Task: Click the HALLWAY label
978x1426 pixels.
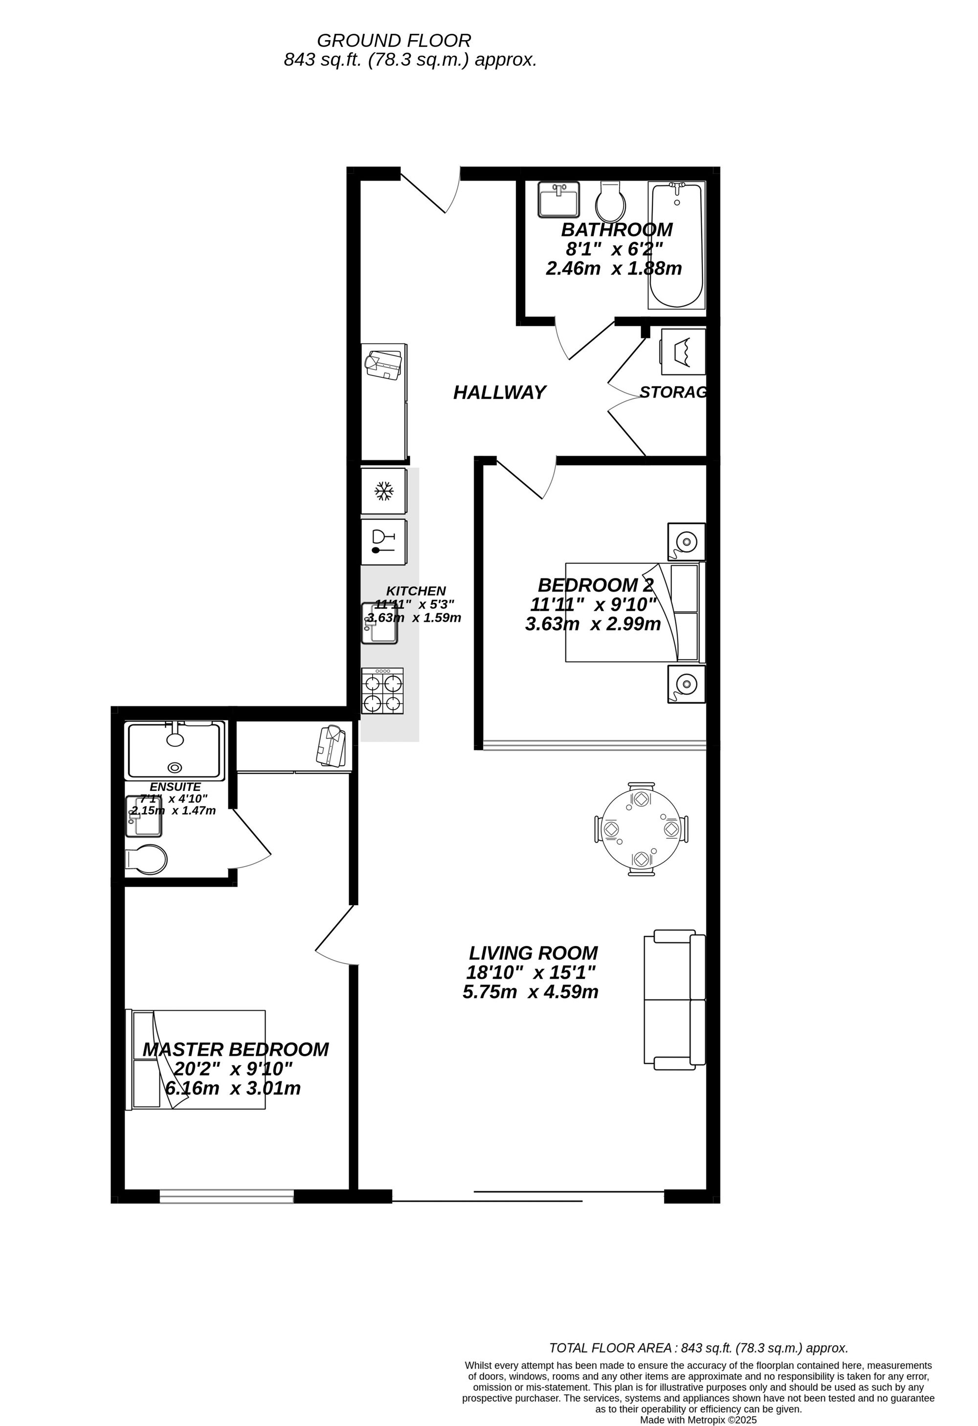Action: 499,392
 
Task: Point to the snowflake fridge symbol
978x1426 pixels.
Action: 384,491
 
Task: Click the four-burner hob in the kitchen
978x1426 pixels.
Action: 382,691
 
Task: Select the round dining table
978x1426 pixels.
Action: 641,829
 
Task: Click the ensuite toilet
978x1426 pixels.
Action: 146,860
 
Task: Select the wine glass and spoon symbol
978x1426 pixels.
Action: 384,542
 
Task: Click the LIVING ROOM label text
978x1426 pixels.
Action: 533,953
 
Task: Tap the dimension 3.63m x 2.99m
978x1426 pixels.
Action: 593,624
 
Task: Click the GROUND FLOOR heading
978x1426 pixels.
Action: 394,41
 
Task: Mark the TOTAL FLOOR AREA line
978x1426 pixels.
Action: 698,1348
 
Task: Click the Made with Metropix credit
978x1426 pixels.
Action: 698,1420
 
